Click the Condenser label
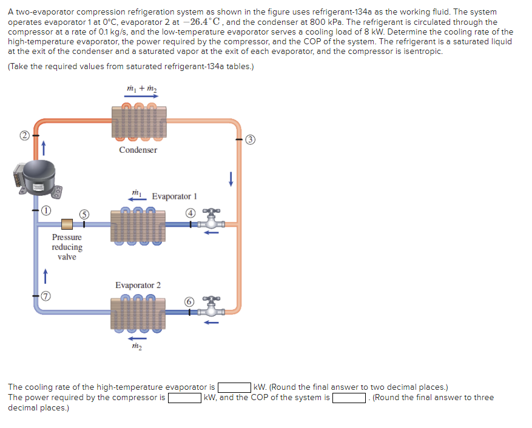coord(138,150)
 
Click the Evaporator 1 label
coord(174,196)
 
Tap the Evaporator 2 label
coord(138,285)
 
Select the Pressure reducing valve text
coord(67,247)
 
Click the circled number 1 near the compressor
coord(45,210)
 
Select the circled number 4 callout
coord(190,213)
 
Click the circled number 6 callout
coord(190,301)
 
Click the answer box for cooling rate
coord(235,387)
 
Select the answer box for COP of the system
coord(348,398)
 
